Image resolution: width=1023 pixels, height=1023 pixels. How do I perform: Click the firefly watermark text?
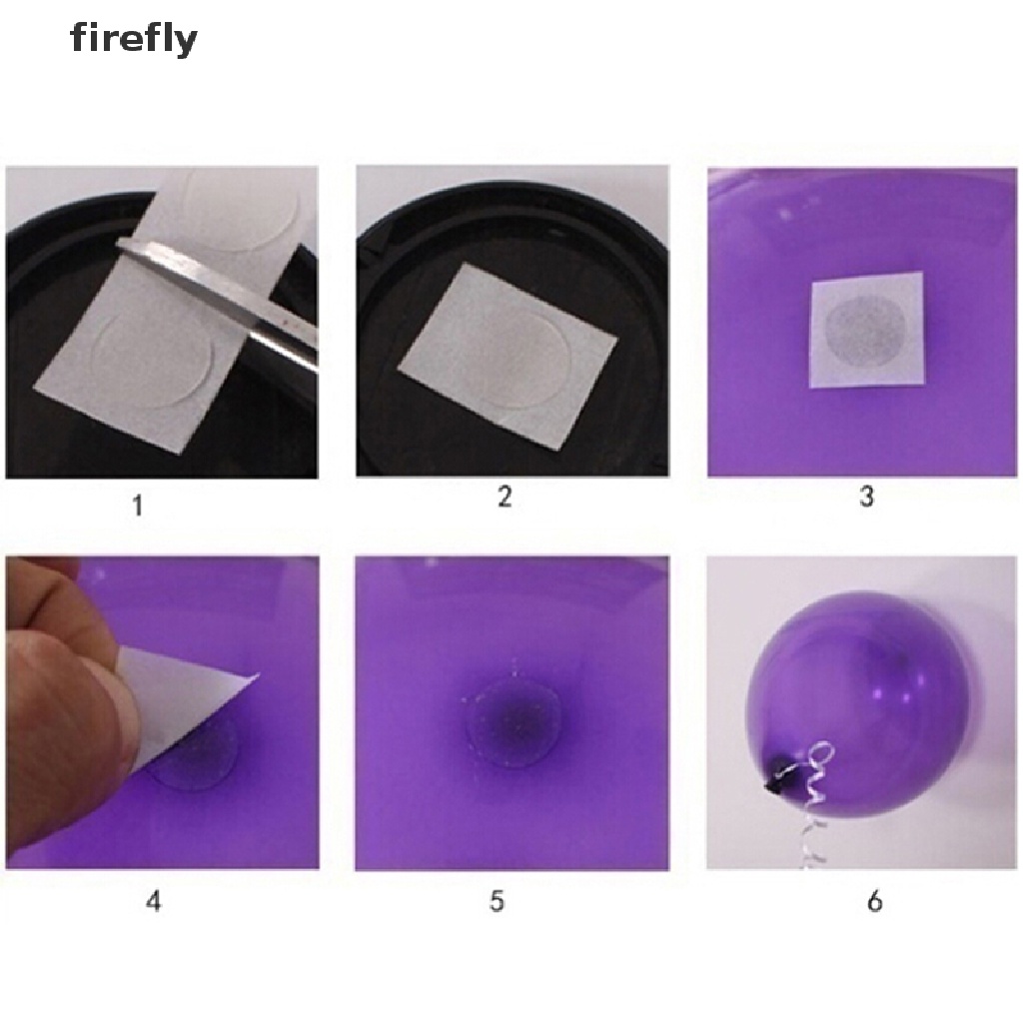point(133,40)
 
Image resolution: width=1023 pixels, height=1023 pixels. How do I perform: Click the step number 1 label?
point(137,506)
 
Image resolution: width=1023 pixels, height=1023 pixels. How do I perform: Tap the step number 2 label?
point(505,497)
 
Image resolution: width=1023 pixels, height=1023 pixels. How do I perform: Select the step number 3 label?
point(865,496)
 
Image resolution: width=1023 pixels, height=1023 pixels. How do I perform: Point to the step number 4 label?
point(153,901)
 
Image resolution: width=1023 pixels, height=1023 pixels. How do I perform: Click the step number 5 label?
point(497,901)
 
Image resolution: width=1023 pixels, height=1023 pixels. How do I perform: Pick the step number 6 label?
point(874,901)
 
